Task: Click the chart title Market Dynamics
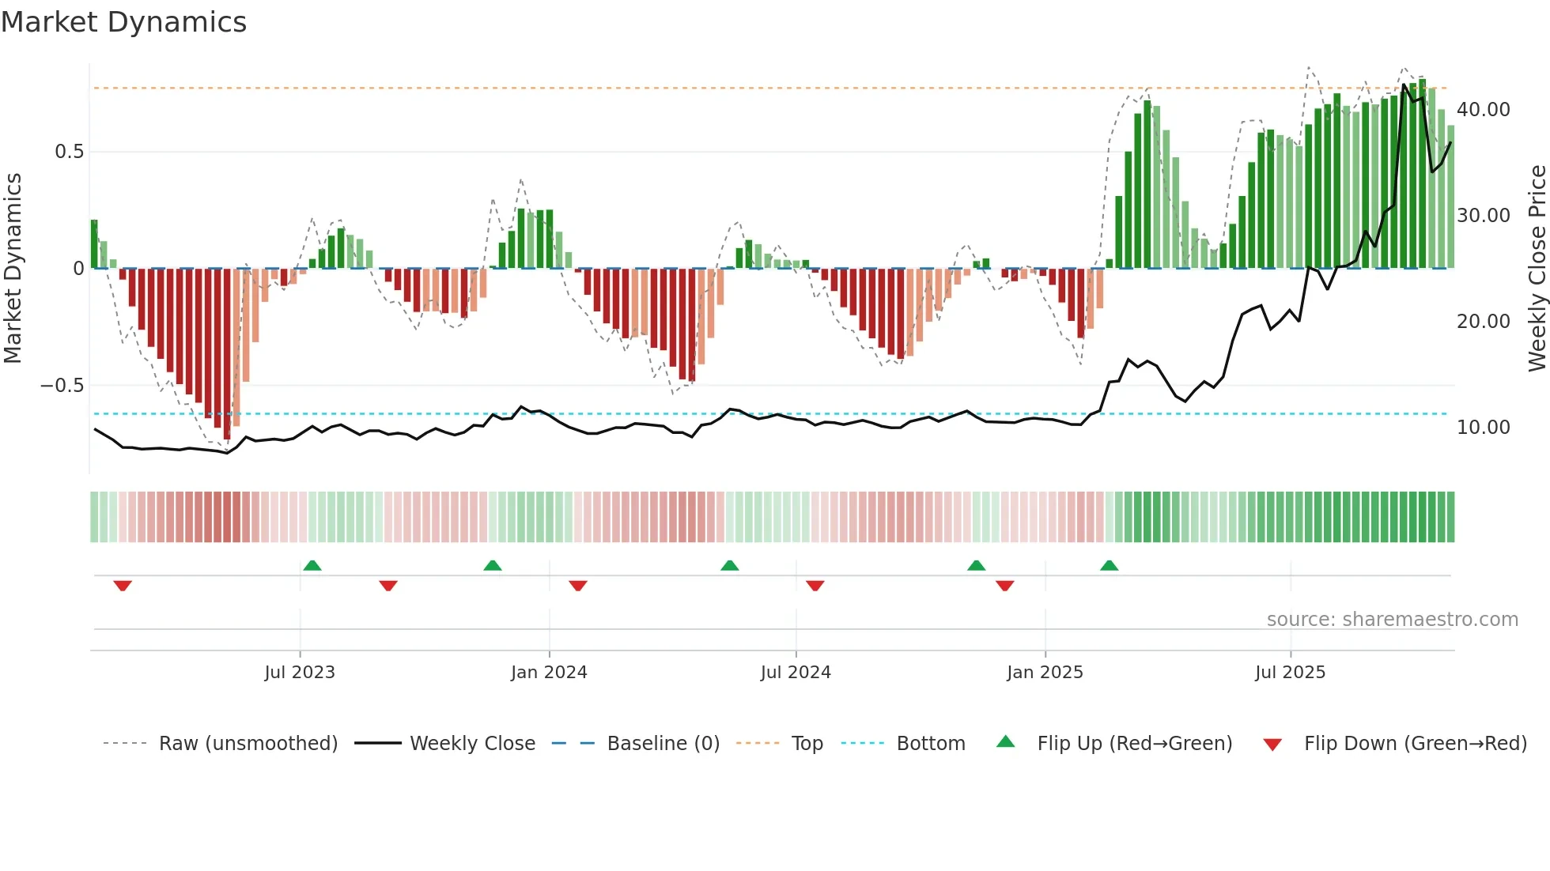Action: coord(123,22)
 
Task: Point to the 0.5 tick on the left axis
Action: coord(69,152)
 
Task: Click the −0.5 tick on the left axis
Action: coord(62,386)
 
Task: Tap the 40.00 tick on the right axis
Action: coord(1483,110)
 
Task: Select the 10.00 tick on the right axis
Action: coord(1483,428)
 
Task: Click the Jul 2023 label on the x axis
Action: coord(300,673)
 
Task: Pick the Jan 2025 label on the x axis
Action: coord(1045,673)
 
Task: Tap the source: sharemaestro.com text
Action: coord(1392,620)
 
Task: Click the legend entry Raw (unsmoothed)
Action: coord(248,744)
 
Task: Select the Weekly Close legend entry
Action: coord(472,744)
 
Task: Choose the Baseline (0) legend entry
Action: coord(663,744)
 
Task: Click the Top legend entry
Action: coord(807,744)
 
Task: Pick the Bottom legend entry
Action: coord(930,744)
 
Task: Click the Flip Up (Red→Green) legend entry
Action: coord(1134,744)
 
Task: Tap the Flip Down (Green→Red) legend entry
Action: coord(1415,744)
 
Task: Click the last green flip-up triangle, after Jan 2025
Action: coord(1110,566)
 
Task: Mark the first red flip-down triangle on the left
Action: coord(123,586)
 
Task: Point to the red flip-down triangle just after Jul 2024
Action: coord(815,586)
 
